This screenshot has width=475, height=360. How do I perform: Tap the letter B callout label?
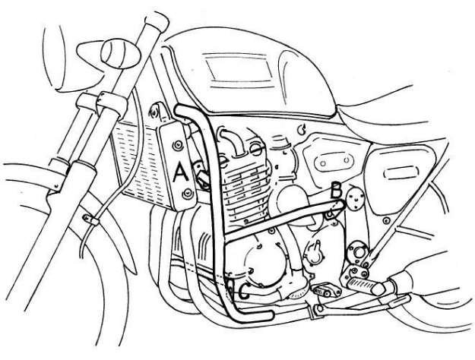[335, 191]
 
